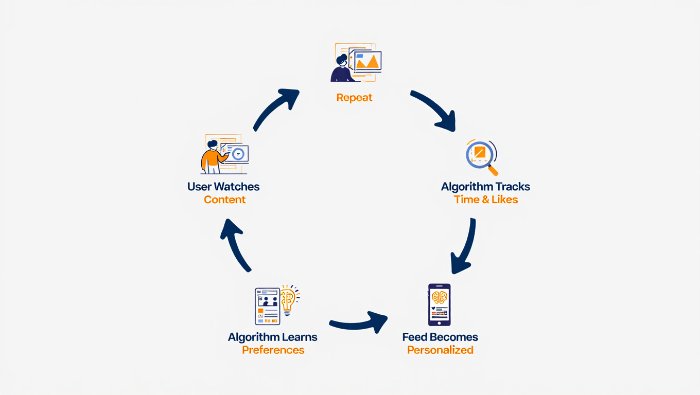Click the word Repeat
point(354,98)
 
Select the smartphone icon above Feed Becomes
point(439,304)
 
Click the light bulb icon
point(288,300)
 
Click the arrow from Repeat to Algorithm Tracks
point(433,110)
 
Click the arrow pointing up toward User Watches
point(235,244)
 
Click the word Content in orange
point(224,200)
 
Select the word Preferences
point(273,350)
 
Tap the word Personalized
point(440,350)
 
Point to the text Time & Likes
point(485,200)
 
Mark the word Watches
point(237,187)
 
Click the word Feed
point(415,337)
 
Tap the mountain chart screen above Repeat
point(366,61)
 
